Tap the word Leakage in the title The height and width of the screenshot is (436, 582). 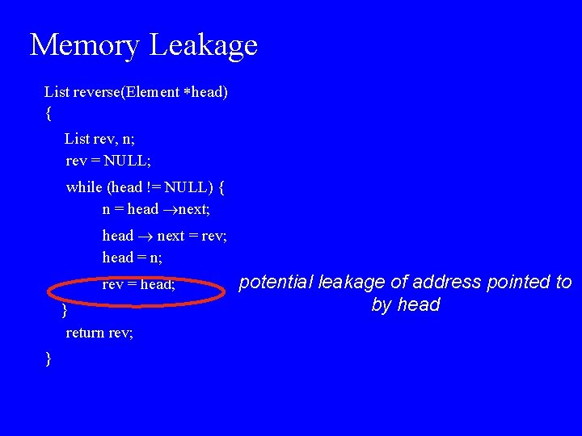point(203,45)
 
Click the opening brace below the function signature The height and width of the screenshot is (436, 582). point(49,114)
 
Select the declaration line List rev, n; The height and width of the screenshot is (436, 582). point(100,139)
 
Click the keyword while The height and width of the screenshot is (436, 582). point(84,187)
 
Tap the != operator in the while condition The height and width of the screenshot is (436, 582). point(154,187)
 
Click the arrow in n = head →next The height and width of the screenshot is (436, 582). point(168,210)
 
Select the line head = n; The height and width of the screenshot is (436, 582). point(132,258)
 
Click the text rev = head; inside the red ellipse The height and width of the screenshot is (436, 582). point(138,284)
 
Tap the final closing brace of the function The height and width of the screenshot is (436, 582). point(49,358)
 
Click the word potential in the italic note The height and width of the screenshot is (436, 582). point(276,283)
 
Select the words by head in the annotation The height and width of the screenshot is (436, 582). point(406,305)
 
